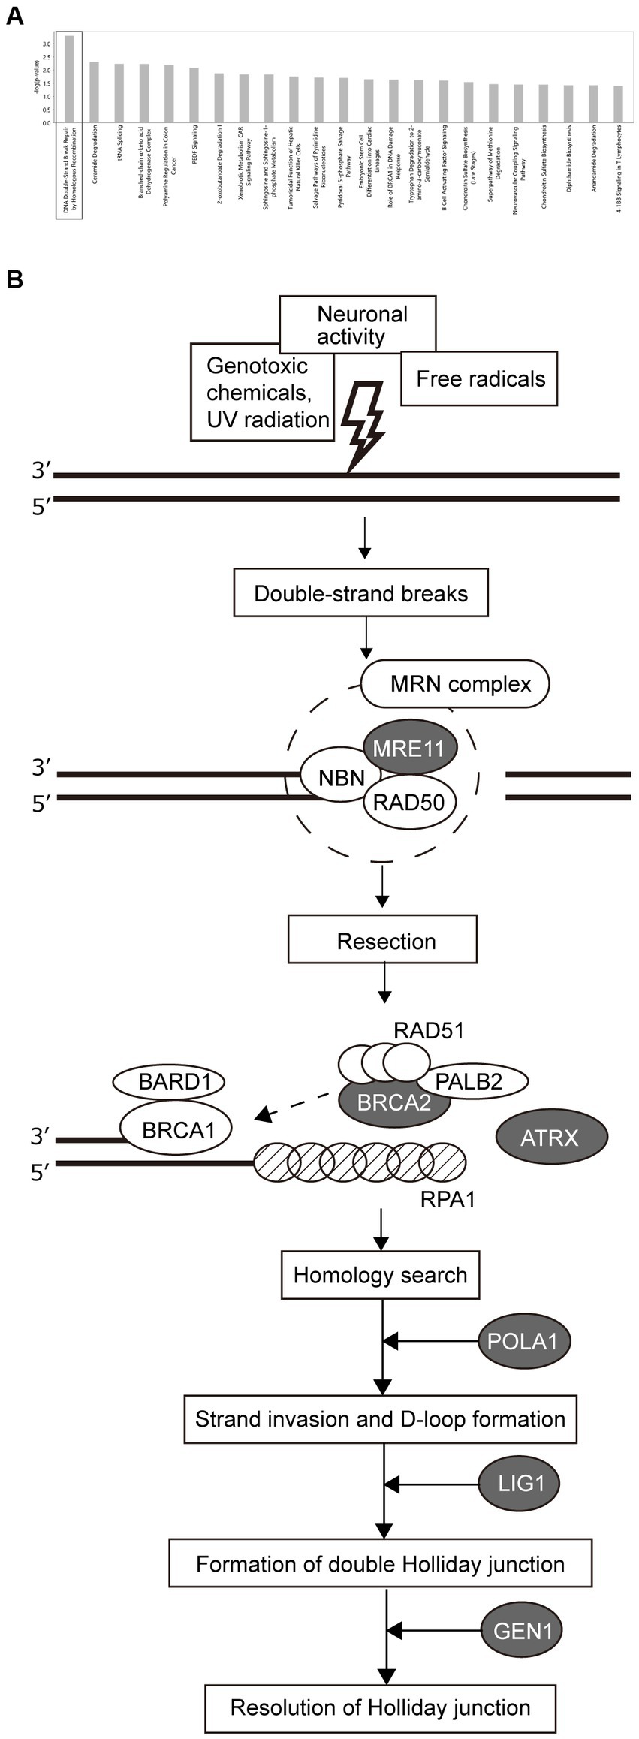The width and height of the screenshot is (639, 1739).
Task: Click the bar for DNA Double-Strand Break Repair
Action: (x=69, y=79)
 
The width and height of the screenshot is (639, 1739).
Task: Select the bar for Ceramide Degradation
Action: (x=94, y=92)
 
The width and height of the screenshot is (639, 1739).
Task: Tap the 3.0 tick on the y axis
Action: (x=47, y=44)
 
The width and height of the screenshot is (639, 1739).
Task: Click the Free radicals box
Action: (x=480, y=379)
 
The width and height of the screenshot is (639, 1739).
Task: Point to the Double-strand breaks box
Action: (x=360, y=593)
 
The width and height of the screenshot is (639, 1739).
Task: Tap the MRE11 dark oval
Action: (x=409, y=748)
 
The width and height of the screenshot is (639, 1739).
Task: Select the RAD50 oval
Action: (x=409, y=803)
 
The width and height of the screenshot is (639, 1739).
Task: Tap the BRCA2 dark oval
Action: (x=394, y=1102)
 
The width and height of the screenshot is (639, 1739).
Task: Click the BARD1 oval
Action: (x=170, y=1082)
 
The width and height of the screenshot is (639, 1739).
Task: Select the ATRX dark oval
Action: (x=550, y=1138)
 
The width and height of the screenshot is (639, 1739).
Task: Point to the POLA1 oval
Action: (x=523, y=1340)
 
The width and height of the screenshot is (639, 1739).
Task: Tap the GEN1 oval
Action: (x=523, y=1631)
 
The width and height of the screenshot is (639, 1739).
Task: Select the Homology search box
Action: (x=380, y=1275)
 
